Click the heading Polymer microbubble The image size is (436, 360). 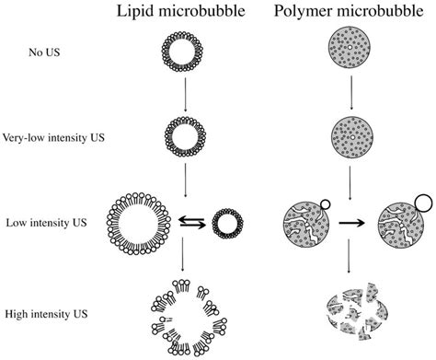pos(345,12)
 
